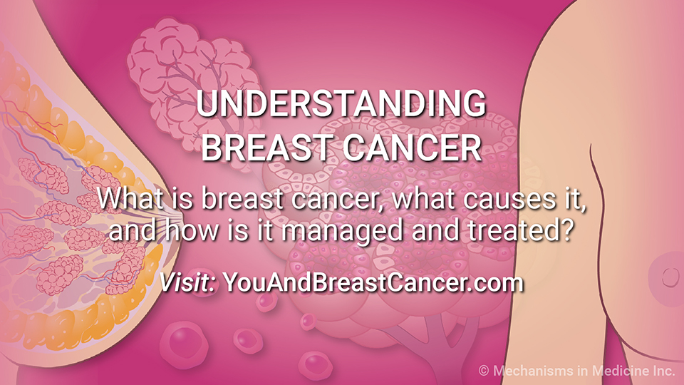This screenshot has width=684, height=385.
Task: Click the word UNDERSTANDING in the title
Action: [x=341, y=103]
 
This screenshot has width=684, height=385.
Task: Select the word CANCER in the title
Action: [x=412, y=148]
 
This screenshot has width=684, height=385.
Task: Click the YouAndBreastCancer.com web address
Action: [x=373, y=282]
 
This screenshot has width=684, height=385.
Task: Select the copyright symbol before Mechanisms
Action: [x=483, y=371]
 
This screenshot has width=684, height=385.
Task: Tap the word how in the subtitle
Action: [x=192, y=230]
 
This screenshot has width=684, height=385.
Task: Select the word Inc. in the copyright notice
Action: [x=664, y=371]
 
